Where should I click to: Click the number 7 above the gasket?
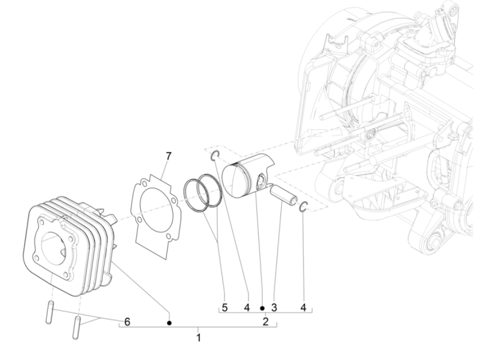coord(168,156)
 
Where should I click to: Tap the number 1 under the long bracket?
coord(199,337)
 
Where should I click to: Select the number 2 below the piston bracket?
coord(265,321)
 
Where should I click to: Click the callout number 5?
coord(225,308)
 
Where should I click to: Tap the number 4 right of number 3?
coord(303,308)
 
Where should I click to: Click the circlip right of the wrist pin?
coord(303,207)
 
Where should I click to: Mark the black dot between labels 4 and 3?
coord(262,308)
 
